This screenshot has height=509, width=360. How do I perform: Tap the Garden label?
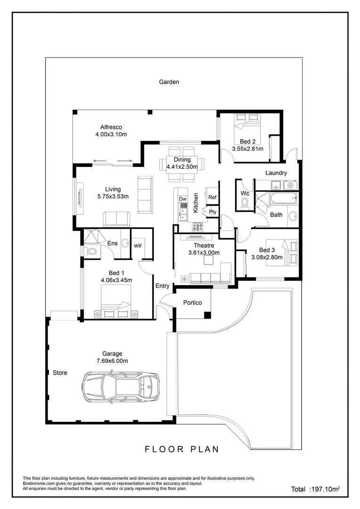pos(169,82)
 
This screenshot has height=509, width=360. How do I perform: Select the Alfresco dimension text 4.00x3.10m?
pos(111,134)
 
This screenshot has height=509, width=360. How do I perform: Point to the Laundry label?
pos(276,173)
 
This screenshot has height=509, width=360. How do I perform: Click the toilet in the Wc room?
pos(244,203)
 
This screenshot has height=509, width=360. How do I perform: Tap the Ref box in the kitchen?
pos(213,197)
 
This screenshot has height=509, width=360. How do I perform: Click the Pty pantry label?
pos(213,212)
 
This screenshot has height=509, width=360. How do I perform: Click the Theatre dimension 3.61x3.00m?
pos(204,253)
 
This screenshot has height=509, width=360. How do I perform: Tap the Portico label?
pos(192,303)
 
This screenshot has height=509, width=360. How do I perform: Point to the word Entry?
pos(163,286)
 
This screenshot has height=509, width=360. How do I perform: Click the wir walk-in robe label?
pos(138,245)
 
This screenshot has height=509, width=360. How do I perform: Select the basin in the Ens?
pos(125,243)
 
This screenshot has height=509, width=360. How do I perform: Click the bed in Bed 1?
pos(116,305)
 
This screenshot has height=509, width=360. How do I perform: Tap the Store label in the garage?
pos(60,373)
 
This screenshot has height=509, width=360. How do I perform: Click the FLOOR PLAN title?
pos(181,449)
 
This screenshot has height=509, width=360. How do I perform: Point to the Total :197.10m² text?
pos(315,489)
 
